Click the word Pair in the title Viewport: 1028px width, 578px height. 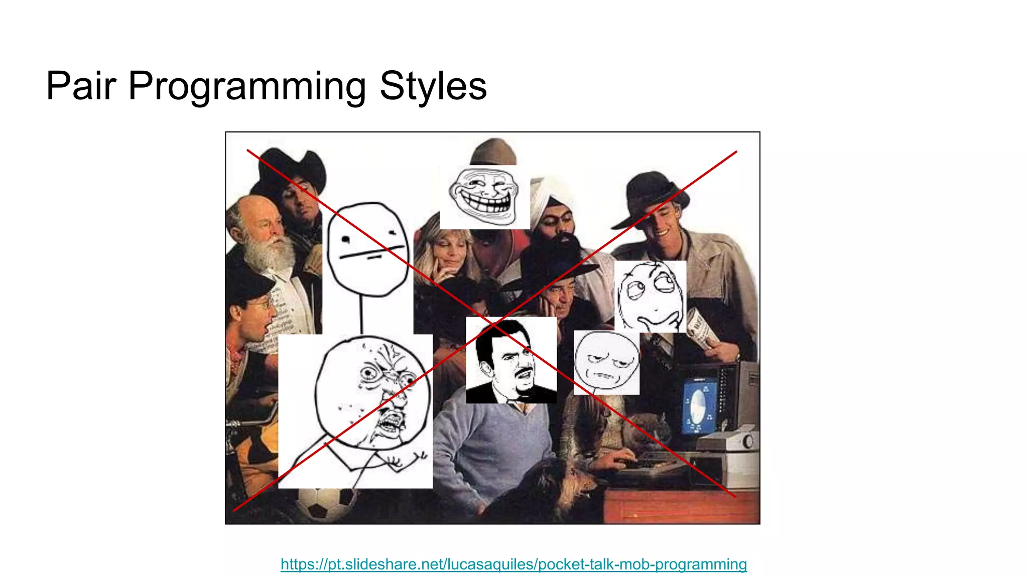(81, 86)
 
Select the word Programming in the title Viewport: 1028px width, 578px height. (246, 86)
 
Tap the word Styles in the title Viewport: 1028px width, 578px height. (433, 86)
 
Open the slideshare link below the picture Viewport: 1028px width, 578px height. (513, 564)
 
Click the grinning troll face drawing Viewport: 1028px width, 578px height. (484, 197)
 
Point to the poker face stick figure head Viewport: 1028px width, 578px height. (368, 249)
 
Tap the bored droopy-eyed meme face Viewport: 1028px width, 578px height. (606, 362)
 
